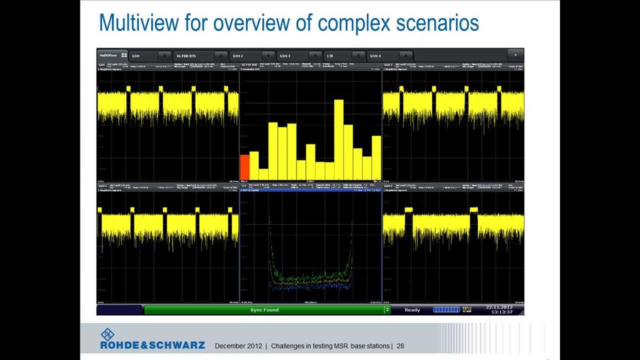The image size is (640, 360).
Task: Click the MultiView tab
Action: point(108,55)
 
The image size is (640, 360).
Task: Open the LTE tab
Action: point(330,56)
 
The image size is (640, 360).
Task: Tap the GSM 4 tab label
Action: point(375,56)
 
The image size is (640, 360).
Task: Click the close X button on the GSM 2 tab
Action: point(268,55)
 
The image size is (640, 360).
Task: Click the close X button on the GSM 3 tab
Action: point(314,55)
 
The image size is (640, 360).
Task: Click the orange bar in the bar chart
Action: point(244,167)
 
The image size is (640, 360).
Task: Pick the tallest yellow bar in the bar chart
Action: point(338,140)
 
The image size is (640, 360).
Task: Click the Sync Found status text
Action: point(264,310)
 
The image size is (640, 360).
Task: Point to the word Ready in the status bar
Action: point(412,310)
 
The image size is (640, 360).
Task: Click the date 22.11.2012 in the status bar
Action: point(499,307)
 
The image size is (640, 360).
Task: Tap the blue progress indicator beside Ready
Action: point(446,310)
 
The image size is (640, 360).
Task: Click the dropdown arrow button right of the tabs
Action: point(515,55)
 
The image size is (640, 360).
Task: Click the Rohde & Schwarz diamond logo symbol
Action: point(107,334)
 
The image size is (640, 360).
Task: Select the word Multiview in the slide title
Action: point(138,23)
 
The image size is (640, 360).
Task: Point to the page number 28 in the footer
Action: point(400,346)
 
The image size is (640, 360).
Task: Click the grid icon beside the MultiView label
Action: point(124,55)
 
